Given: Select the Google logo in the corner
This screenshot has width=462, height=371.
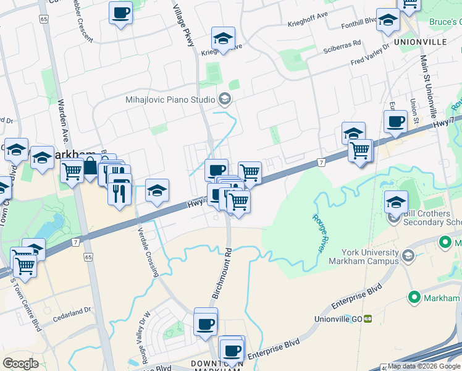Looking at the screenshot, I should point(20,363).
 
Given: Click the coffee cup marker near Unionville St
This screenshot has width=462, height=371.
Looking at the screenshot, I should point(395,121).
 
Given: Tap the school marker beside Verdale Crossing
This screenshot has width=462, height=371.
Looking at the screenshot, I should point(157,190).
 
